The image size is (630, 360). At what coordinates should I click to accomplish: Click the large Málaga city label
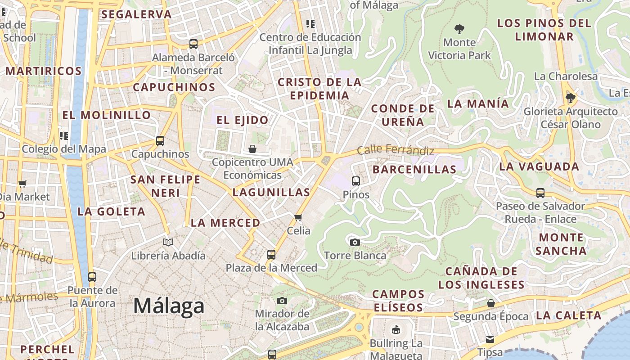169,306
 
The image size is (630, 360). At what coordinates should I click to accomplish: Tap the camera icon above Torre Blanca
355,242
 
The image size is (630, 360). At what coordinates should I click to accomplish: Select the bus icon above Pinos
355,181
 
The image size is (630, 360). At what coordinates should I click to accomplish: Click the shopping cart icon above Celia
298,217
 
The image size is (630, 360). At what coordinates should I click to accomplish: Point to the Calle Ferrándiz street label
396,150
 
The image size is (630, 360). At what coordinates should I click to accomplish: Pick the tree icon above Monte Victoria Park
459,29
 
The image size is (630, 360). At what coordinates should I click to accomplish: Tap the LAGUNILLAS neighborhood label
271,193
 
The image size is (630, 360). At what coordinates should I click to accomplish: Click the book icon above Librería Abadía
168,242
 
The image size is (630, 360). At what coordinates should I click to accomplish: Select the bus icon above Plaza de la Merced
271,254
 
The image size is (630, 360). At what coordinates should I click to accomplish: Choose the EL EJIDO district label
243,120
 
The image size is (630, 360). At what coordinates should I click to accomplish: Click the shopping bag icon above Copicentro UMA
252,148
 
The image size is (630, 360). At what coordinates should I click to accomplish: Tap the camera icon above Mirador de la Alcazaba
282,300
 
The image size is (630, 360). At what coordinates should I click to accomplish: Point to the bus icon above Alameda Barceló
193,44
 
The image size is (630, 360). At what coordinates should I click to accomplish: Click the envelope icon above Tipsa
490,339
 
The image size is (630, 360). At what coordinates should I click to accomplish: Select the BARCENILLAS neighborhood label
414,170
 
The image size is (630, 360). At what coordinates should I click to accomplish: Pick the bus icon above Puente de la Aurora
92,277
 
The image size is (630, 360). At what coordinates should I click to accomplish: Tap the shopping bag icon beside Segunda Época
491,303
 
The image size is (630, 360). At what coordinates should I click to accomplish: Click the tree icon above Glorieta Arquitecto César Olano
571,98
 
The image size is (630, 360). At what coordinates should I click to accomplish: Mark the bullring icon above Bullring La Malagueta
396,330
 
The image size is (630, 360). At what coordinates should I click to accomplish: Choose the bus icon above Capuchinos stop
160,140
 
